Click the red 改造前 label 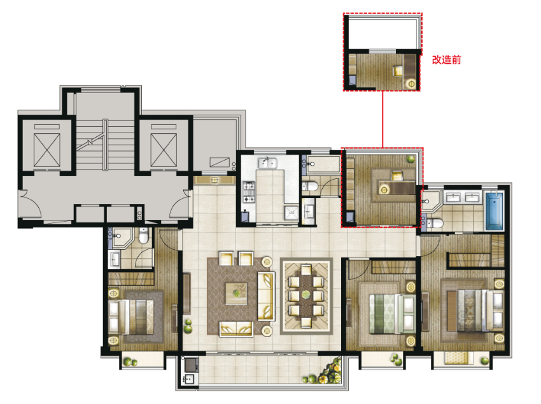tap(446, 60)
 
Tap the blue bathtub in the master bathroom tap(495, 210)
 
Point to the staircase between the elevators tap(105, 145)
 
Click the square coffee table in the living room tap(236, 294)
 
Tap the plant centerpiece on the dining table tap(306, 294)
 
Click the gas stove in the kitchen tap(249, 192)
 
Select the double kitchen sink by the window tap(268, 162)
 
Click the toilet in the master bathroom tap(434, 224)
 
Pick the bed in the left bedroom tap(131, 317)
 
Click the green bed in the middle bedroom tap(392, 314)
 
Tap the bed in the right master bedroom tap(476, 311)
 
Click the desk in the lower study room tap(397, 187)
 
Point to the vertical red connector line tap(383, 119)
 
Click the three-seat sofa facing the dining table tap(266, 296)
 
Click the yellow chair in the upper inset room tap(398, 71)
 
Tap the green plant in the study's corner tap(411, 159)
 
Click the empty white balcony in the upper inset tap(383, 32)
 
